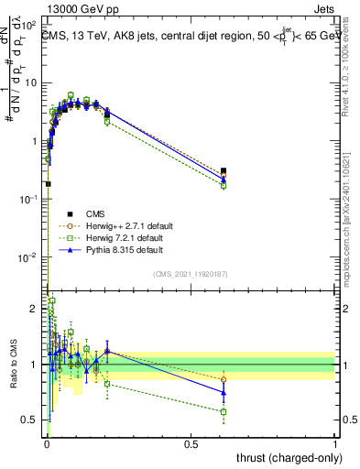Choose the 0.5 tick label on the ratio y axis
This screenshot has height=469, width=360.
coord(34,420)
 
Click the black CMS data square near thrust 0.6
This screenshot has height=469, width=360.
coord(224,170)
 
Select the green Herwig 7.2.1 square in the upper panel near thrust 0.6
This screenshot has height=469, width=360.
coord(224,185)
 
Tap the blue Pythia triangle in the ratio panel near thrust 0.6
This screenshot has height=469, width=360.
coord(224,392)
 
